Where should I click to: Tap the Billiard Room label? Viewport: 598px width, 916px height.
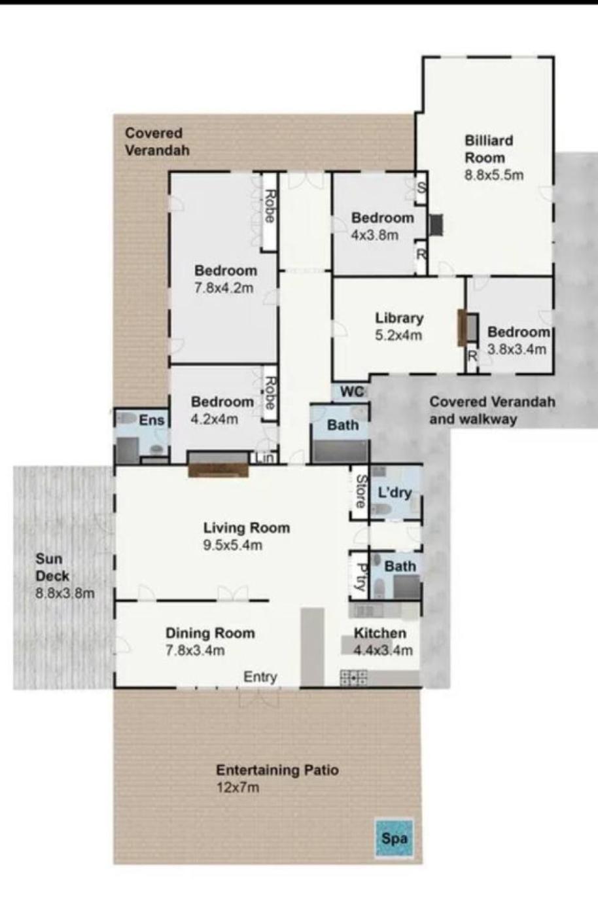click(489, 149)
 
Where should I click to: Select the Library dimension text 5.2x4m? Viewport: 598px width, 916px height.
click(398, 335)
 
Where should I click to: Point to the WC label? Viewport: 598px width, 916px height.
click(352, 392)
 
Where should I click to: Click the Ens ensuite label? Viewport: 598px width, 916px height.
click(152, 420)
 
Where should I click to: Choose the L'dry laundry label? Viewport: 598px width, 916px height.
click(395, 492)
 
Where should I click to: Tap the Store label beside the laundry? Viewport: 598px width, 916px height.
click(361, 491)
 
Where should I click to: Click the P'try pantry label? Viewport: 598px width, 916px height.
click(360, 577)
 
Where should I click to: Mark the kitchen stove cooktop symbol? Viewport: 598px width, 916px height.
click(353, 678)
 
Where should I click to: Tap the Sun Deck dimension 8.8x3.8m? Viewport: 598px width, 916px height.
click(65, 593)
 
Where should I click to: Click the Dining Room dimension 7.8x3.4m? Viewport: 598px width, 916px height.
click(195, 650)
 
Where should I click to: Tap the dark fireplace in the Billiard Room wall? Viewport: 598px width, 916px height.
click(436, 225)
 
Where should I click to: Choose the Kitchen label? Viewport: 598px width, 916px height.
click(380, 633)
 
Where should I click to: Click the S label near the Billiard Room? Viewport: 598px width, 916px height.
click(421, 188)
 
